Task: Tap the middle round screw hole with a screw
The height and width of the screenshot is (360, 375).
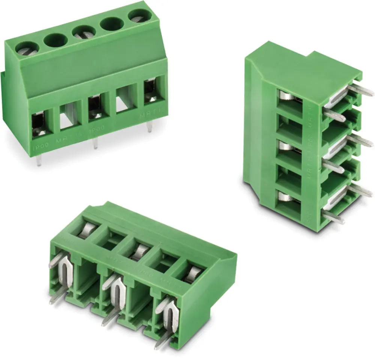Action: (x=83, y=32)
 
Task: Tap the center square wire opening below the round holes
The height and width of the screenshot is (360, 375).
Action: (x=96, y=108)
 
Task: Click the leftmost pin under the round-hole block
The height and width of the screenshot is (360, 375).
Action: (x=39, y=160)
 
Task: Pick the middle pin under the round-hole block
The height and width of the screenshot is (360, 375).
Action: (x=95, y=143)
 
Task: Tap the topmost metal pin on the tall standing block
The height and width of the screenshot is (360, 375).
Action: (x=360, y=90)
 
